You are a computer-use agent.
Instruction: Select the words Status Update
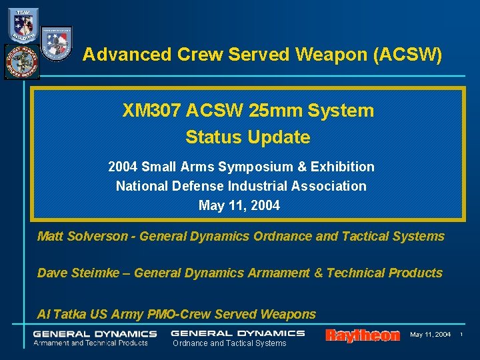click(247, 137)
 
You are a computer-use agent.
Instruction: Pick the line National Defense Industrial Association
click(241, 186)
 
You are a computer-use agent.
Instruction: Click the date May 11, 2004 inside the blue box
click(239, 205)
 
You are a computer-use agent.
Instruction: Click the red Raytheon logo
click(362, 335)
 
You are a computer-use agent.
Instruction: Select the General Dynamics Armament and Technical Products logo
click(95, 338)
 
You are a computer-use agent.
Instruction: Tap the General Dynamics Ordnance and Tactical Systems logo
click(237, 337)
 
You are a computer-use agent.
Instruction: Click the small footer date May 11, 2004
click(430, 334)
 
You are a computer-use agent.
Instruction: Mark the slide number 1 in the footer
click(463, 334)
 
